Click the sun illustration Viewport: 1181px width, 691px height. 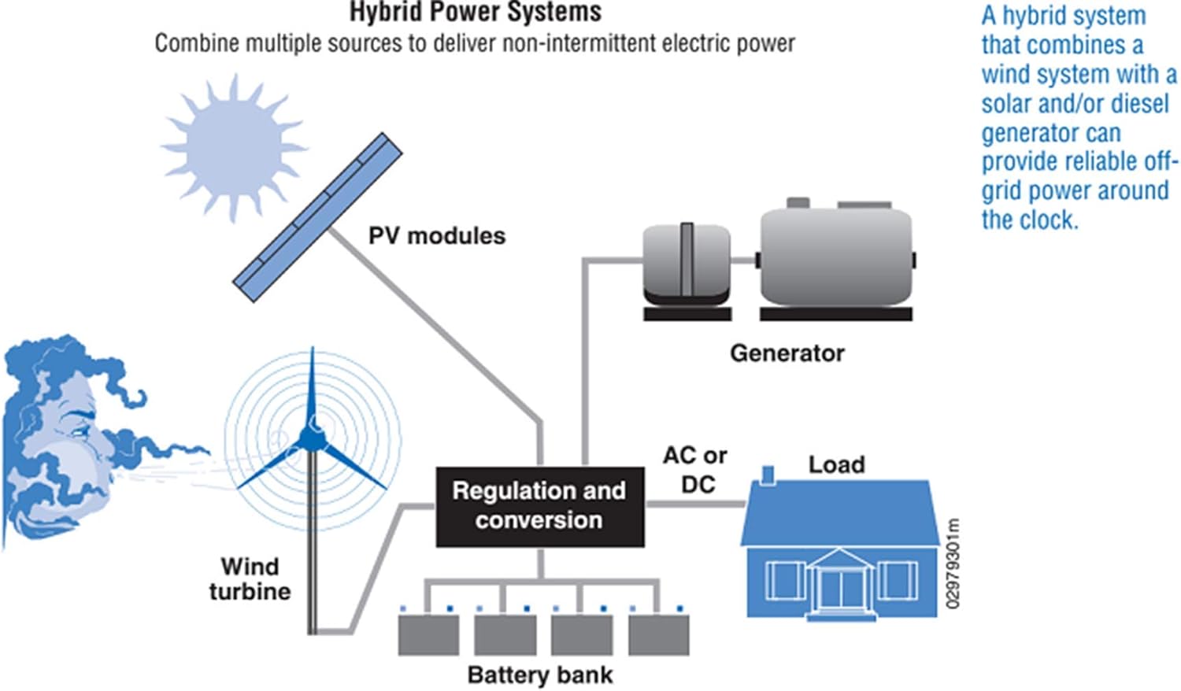[x=234, y=147]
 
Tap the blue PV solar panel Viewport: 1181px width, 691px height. [x=318, y=217]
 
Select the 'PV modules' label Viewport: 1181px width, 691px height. [x=436, y=235]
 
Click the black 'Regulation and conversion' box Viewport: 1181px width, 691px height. [x=540, y=505]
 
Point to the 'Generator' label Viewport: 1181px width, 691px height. [x=787, y=353]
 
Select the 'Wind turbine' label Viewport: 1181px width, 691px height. [x=250, y=578]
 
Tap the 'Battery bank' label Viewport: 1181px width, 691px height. [x=540, y=674]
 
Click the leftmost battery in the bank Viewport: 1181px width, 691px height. [x=428, y=634]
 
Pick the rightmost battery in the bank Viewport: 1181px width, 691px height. [x=658, y=634]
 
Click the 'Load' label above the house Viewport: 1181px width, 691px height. [x=836, y=464]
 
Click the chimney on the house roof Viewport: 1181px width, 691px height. [x=768, y=475]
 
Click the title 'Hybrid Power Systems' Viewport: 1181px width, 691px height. [x=476, y=13]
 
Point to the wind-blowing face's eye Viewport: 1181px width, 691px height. [x=79, y=429]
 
